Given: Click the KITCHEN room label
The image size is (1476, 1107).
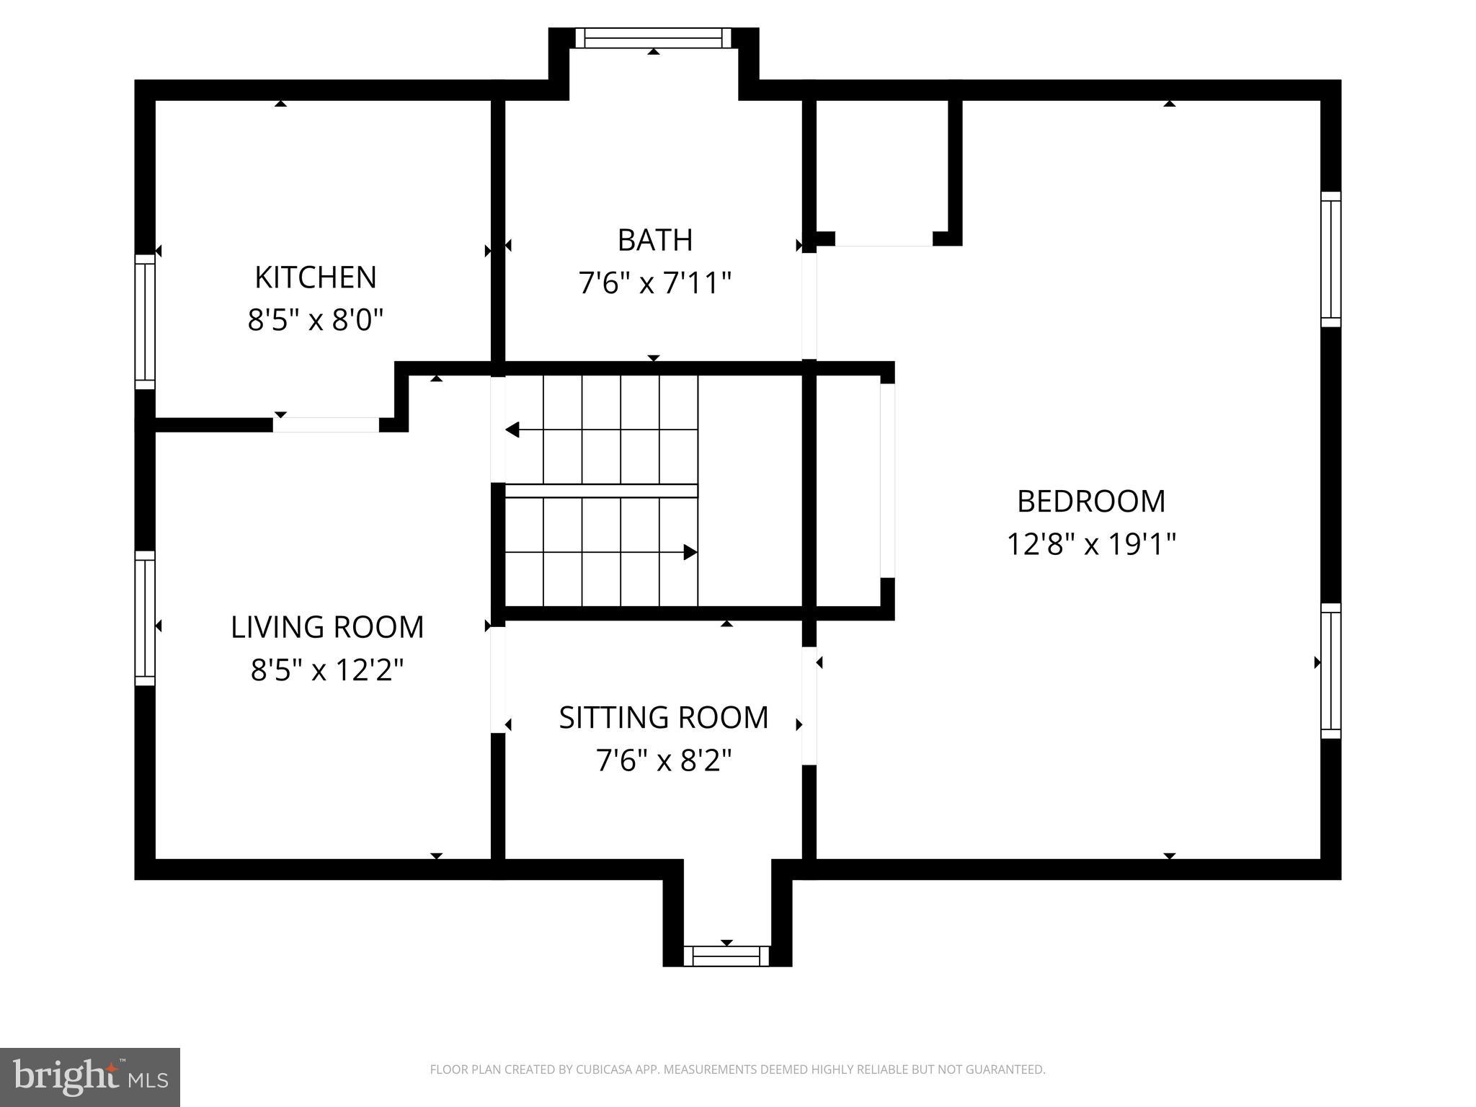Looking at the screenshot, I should coord(316,277).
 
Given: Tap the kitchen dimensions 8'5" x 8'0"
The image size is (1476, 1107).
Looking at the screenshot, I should coord(316,319).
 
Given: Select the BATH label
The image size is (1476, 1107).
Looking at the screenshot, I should coord(655,240).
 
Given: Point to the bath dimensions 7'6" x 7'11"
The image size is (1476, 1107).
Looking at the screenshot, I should coord(655,283).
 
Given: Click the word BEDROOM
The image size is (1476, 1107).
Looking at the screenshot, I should coord(1090,502).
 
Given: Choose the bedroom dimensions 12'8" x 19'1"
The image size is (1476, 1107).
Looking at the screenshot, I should coord(1090,544).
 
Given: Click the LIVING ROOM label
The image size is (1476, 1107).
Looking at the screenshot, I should coord(327,627).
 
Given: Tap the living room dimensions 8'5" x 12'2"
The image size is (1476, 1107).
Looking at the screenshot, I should coord(327,670).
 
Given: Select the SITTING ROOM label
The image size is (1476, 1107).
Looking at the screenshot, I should coord(664,718).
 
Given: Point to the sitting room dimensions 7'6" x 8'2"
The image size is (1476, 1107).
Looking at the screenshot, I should coord(664,760).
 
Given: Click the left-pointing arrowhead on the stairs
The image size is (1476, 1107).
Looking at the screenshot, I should coord(512,430).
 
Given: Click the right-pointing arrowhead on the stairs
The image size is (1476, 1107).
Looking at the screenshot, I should coord(690,553).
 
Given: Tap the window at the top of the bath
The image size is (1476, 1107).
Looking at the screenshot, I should coord(653,37).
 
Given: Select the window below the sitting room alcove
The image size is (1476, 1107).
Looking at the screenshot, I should coord(726,956).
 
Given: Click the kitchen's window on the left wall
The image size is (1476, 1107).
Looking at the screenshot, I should coord(145,321).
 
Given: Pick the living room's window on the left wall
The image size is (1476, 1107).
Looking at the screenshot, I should coord(145,618).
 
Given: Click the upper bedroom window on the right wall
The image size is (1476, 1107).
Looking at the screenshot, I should coord(1330,259).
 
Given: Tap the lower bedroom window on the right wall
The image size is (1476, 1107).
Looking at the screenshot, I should coord(1330,671).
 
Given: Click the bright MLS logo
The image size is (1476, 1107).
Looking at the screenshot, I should coord(89,1077).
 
